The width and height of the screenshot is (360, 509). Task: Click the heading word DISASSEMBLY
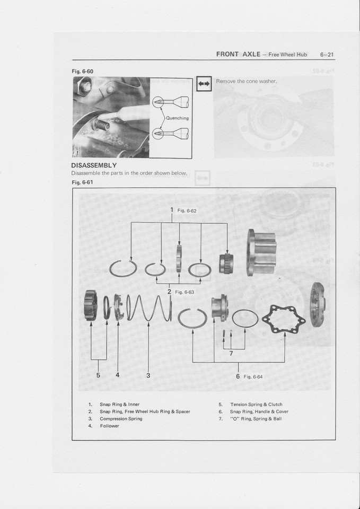click(x=94, y=165)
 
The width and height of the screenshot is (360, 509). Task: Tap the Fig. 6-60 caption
click(x=82, y=72)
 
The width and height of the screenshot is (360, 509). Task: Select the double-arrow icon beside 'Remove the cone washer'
click(x=204, y=84)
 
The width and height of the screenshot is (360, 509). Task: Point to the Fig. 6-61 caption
click(x=82, y=182)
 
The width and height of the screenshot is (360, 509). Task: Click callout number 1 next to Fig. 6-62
click(x=172, y=210)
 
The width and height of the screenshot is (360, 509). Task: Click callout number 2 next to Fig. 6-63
click(x=169, y=292)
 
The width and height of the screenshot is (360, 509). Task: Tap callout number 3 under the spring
click(x=148, y=375)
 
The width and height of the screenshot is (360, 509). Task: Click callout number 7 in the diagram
click(x=231, y=354)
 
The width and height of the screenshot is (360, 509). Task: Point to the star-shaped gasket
click(x=280, y=319)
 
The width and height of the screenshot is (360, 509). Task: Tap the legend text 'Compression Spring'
click(x=121, y=418)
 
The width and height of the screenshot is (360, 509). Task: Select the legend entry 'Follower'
click(x=110, y=426)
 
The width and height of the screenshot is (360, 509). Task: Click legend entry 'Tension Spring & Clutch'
click(x=256, y=404)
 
